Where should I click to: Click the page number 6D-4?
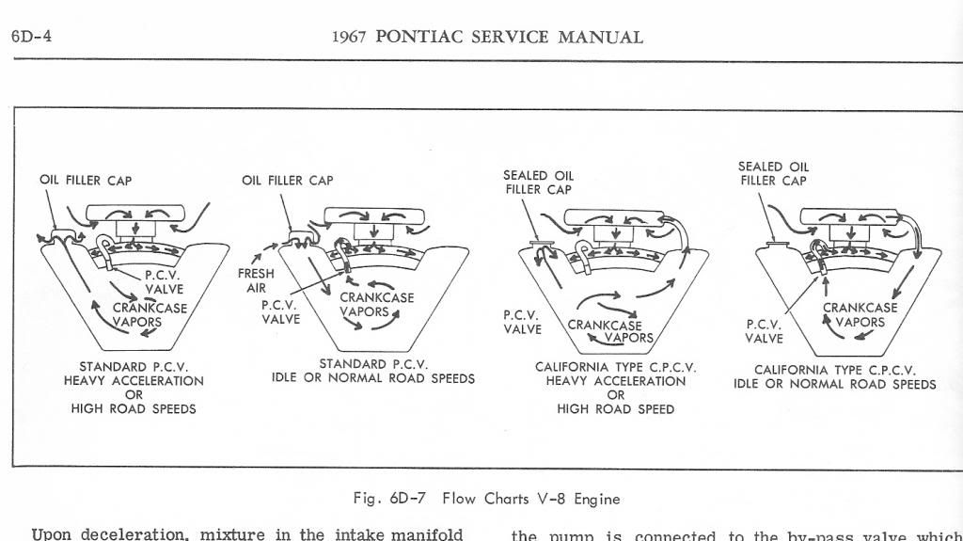(30, 38)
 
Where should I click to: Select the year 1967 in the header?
(352, 38)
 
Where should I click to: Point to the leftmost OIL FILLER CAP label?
(86, 181)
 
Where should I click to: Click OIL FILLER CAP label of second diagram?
(287, 181)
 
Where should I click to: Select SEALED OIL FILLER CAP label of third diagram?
(538, 182)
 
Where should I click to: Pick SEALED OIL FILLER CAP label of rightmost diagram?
(773, 174)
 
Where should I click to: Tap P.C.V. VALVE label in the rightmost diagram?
(764, 331)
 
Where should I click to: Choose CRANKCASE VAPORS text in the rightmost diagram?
(860, 314)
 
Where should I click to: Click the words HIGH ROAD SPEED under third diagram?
(616, 409)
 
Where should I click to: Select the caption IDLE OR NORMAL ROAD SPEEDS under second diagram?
(373, 379)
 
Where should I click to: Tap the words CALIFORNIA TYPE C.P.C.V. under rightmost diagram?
(835, 370)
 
